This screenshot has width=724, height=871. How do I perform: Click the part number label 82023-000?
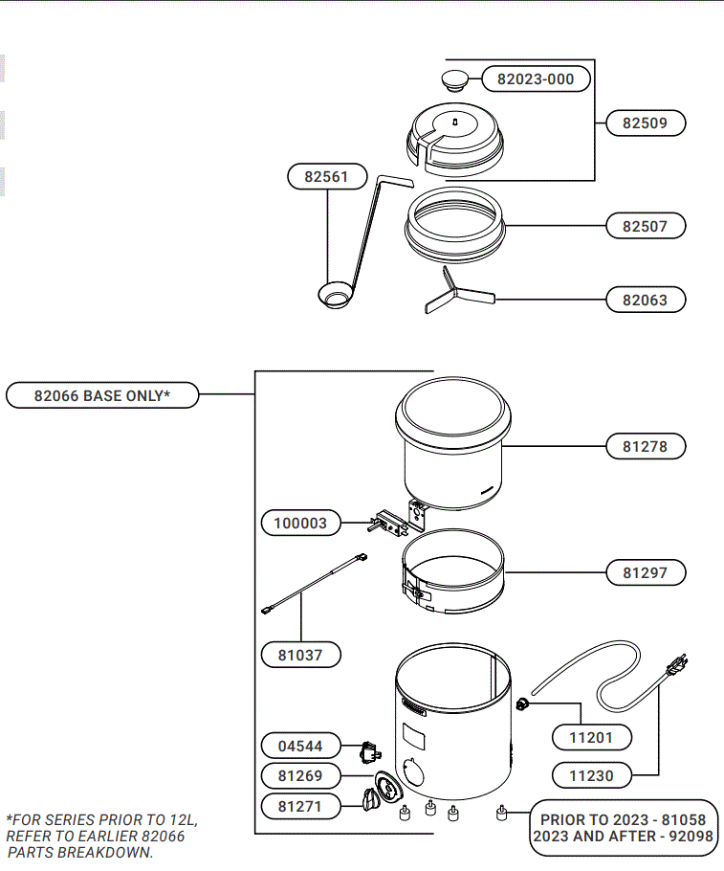point(536,79)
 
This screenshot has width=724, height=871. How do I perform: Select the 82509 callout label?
point(646,123)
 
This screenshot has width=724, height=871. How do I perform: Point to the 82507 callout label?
point(646,227)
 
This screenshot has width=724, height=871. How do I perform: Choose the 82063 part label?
point(646,300)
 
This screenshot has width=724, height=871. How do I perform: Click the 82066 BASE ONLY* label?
point(102,395)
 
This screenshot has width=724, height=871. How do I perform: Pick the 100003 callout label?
point(300,524)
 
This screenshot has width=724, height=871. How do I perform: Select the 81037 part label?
point(300,656)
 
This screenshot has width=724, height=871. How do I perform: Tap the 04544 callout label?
point(300,746)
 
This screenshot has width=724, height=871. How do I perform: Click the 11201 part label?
point(591,737)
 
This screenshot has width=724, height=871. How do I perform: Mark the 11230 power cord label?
point(591,775)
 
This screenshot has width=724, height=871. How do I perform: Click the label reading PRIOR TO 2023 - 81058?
point(623,820)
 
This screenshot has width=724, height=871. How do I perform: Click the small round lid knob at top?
point(455,78)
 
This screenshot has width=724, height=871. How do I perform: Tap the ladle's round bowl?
point(336,296)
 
